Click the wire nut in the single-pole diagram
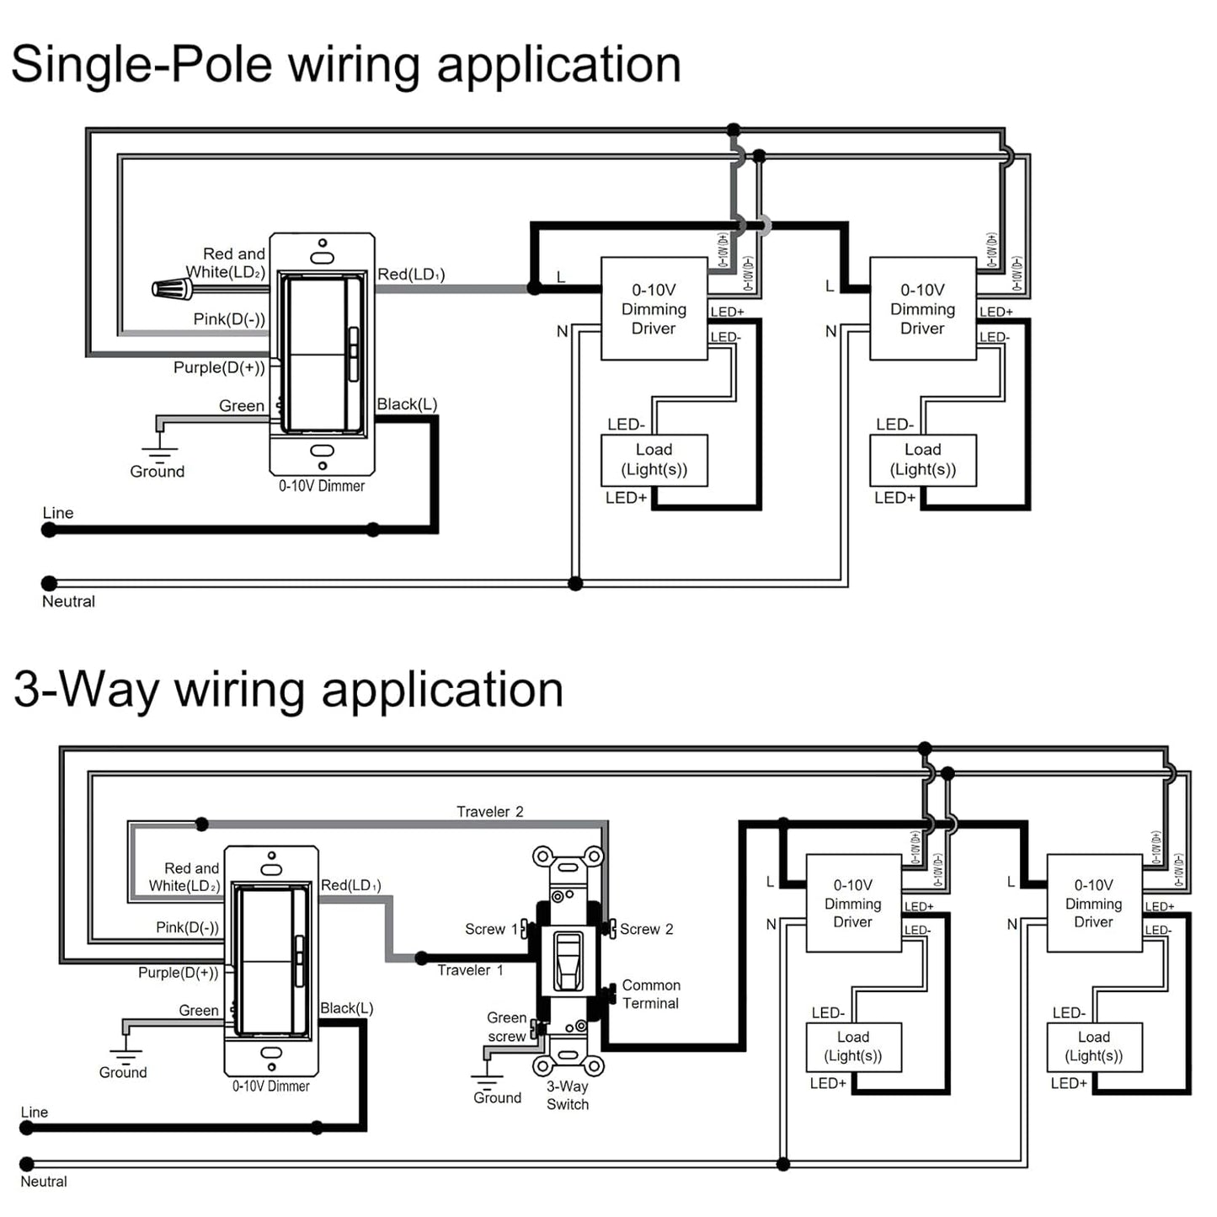(x=172, y=289)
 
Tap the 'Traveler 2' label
(x=489, y=812)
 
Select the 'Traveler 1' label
(x=470, y=970)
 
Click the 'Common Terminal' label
(x=651, y=994)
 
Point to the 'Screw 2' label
(x=646, y=929)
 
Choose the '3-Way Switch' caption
(x=568, y=1095)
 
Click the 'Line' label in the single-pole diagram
(x=58, y=513)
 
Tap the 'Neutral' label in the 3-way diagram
(x=44, y=1182)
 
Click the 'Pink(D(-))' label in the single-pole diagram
(x=229, y=319)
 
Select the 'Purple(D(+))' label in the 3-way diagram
(x=179, y=973)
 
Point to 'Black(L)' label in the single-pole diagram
(x=407, y=404)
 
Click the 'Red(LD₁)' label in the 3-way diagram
(x=351, y=885)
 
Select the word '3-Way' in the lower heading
(x=87, y=690)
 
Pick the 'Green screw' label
(x=506, y=1027)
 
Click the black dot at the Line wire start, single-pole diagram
(x=50, y=530)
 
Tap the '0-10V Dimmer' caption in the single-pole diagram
(x=322, y=486)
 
